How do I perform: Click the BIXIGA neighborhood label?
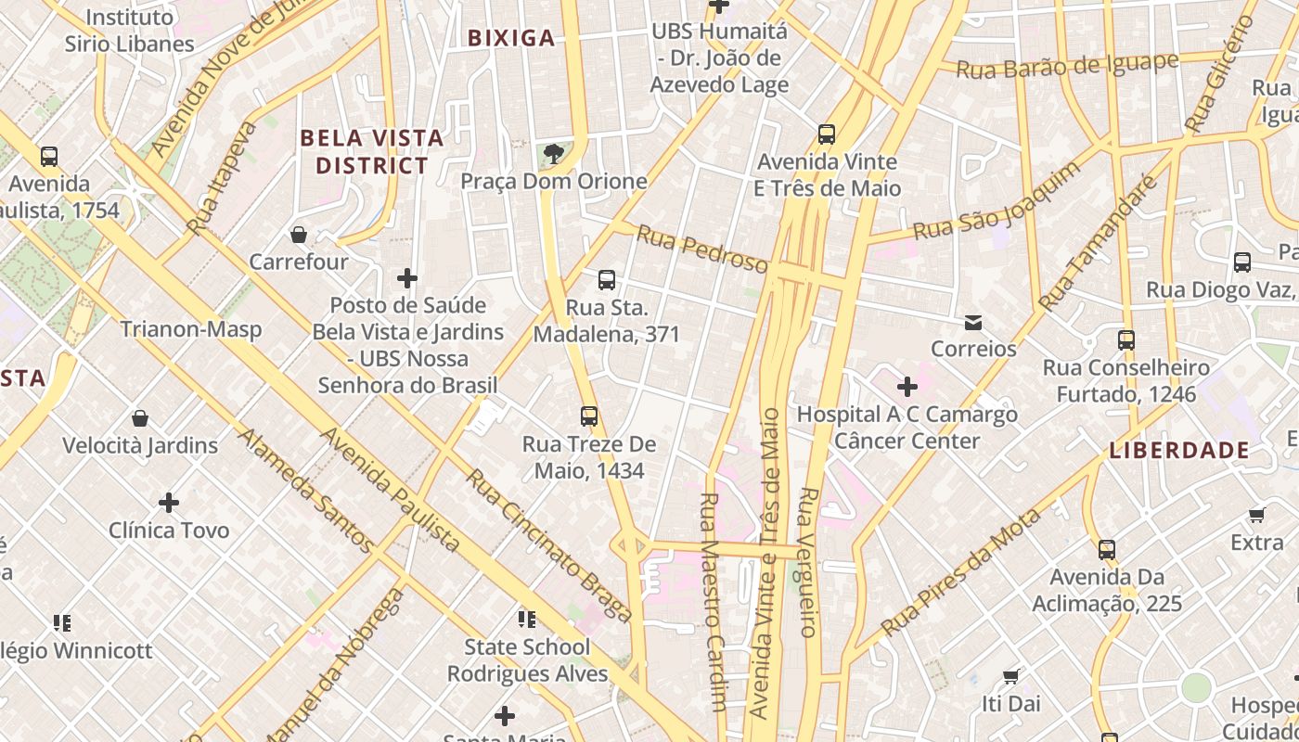[x=511, y=38]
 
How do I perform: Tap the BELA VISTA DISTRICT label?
[x=372, y=152]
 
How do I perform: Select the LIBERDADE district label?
[x=1179, y=451]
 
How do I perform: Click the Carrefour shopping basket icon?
[x=299, y=235]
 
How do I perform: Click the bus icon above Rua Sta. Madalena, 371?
[x=607, y=280]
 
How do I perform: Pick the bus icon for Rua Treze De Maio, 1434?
[x=589, y=416]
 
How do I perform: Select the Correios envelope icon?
[x=973, y=323]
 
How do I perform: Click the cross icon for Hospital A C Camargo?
[x=907, y=387]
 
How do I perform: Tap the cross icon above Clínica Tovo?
[x=169, y=503]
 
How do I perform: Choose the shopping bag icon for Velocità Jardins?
[x=140, y=418]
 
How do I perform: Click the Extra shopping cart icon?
[x=1256, y=515]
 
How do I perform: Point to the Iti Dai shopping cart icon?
[x=1011, y=676]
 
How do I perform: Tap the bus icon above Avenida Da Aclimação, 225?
[x=1107, y=550]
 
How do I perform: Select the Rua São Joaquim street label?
[x=997, y=201]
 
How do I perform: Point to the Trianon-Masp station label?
[x=191, y=329]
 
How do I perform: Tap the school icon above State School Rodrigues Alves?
[x=527, y=619]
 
